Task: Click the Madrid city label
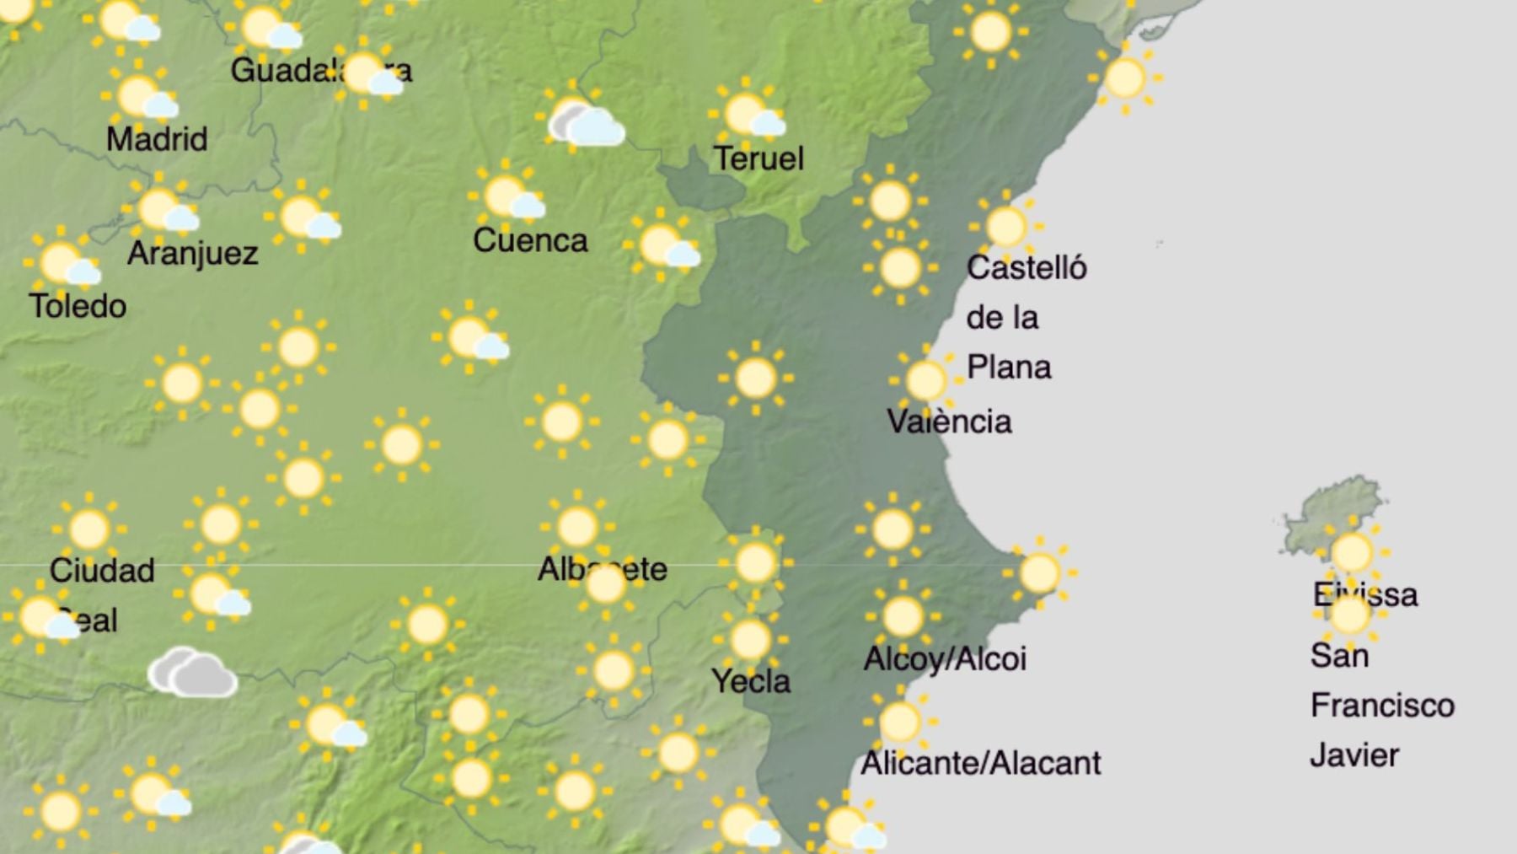[157, 139]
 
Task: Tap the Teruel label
[758, 158]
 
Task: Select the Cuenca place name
[530, 241]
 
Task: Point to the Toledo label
[78, 306]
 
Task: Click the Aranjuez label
[193, 253]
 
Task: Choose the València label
[949, 422]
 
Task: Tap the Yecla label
[751, 681]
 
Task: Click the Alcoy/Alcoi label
[945, 658]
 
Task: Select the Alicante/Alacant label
[980, 763]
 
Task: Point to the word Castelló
[1027, 268]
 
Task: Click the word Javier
[1354, 755]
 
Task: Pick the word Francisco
[1382, 706]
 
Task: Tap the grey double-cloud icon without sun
[192, 673]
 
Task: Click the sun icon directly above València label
[925, 380]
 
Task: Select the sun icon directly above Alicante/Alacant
[900, 722]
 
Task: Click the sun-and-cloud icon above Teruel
[748, 115]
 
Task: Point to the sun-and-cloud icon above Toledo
[64, 264]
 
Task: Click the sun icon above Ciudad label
[89, 529]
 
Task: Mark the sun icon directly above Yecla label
[750, 640]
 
